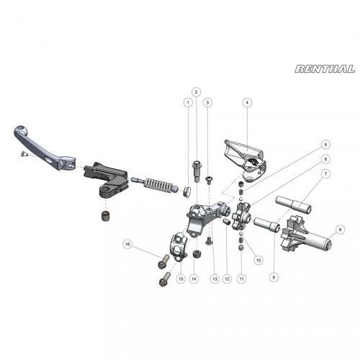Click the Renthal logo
325,69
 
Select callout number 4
246,103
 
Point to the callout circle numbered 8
341,230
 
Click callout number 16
127,243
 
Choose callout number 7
325,174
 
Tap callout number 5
325,144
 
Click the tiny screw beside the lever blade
24,153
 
